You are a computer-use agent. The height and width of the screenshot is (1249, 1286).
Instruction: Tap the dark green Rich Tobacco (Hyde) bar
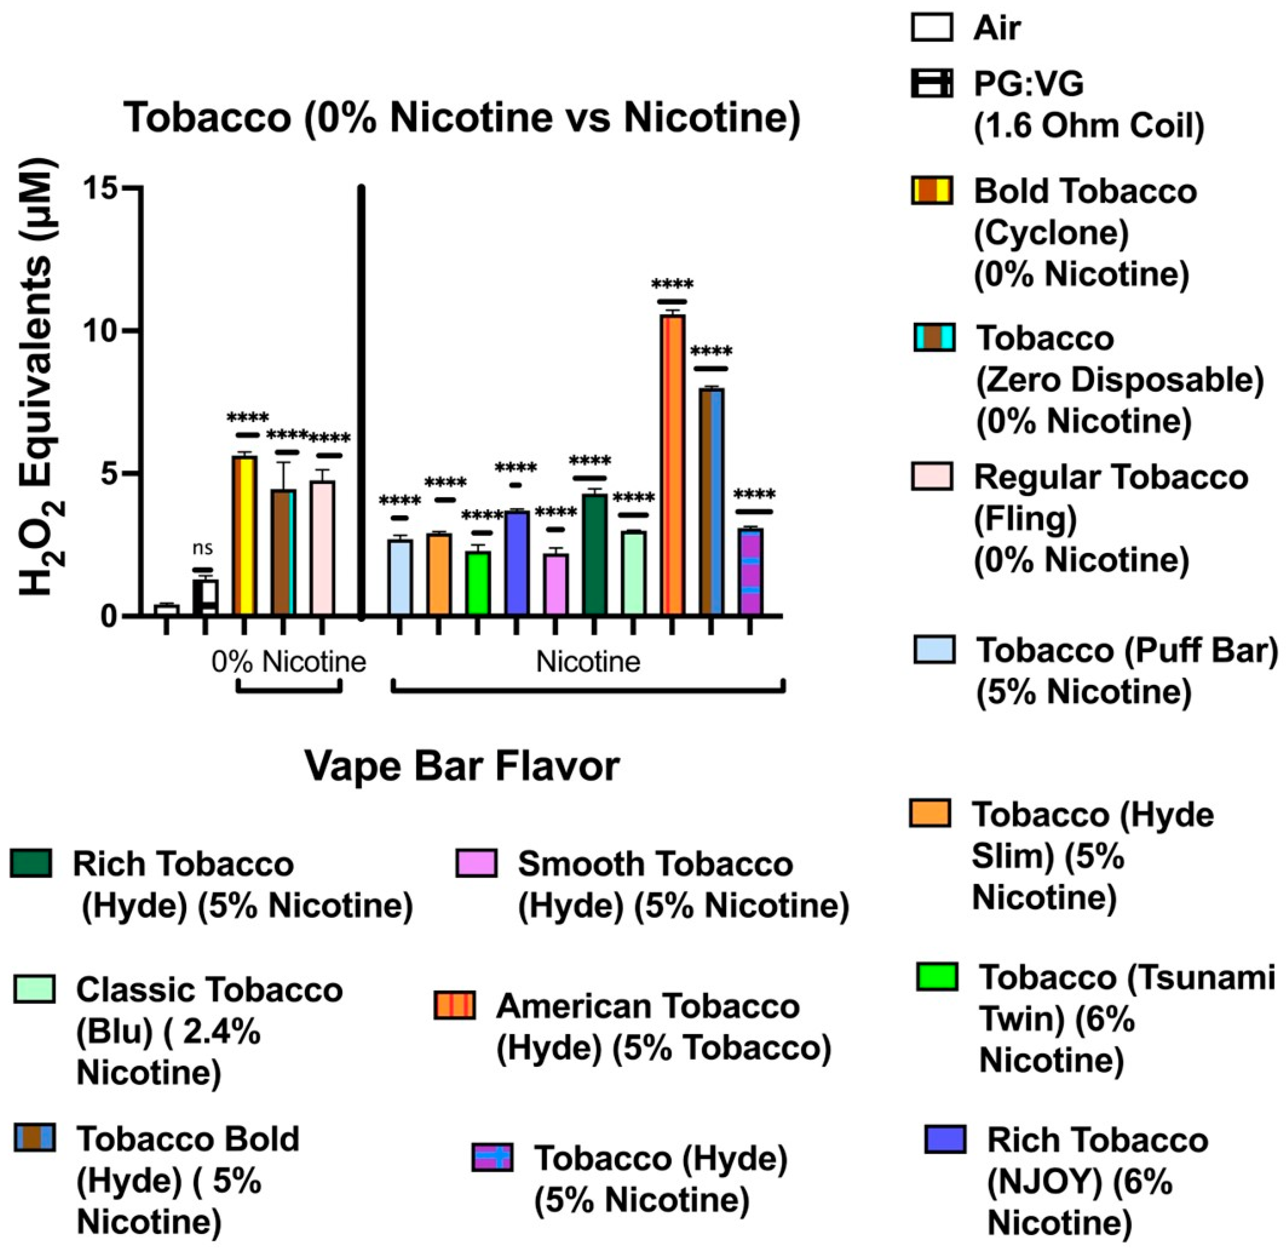pos(595,554)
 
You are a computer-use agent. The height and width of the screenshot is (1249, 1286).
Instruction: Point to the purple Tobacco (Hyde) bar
pos(750,571)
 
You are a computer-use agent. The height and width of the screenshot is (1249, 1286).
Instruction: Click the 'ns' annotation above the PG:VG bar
pos(203,548)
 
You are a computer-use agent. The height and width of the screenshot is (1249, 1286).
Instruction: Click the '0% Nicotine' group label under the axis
pos(289,661)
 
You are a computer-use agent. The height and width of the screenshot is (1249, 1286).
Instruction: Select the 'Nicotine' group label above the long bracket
pos(588,661)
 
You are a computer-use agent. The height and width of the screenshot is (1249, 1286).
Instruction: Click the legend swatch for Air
pos(932,28)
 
